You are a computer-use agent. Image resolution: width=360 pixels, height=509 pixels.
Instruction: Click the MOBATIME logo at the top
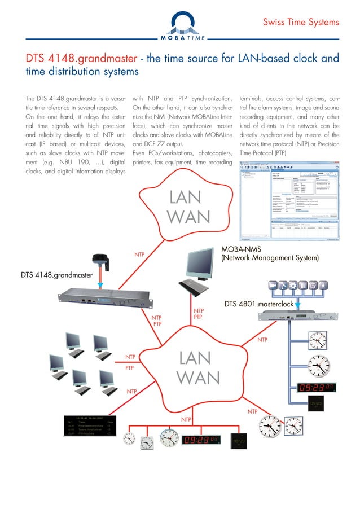179,25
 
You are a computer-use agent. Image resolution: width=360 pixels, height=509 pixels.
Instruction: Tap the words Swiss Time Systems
301,23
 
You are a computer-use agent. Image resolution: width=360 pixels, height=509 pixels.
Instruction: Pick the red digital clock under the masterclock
316,388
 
